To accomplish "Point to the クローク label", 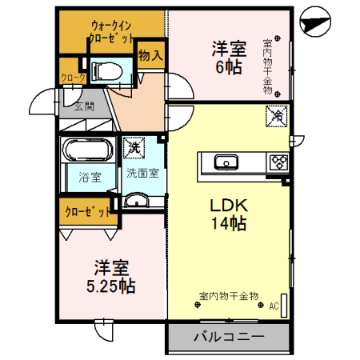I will click(71, 78).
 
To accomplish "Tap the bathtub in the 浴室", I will click(88, 151).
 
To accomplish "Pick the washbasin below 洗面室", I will click(138, 200).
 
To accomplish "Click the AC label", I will click(274, 306).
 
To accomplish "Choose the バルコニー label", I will click(230, 337).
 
